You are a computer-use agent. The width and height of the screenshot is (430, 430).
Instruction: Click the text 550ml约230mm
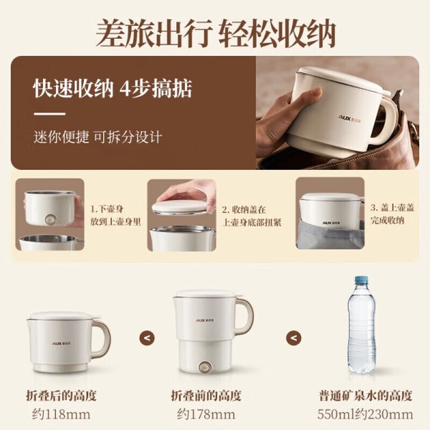coord(365,414)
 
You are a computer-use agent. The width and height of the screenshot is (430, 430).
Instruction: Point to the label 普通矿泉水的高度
coord(365,396)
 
